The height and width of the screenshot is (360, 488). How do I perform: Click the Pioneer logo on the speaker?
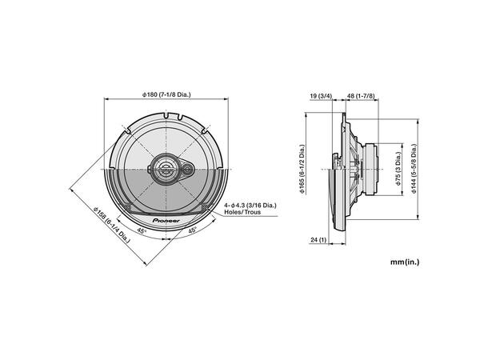(x=166, y=217)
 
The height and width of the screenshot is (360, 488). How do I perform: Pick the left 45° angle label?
(x=141, y=230)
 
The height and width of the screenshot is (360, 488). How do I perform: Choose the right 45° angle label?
(x=193, y=230)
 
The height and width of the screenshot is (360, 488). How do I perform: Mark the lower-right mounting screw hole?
(x=206, y=209)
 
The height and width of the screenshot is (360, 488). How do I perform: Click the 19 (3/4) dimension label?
(x=320, y=96)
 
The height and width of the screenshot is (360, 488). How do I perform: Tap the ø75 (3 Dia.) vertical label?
(x=398, y=170)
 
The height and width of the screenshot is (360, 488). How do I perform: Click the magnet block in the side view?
(x=370, y=170)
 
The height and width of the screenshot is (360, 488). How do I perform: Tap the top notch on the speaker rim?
(x=166, y=117)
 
